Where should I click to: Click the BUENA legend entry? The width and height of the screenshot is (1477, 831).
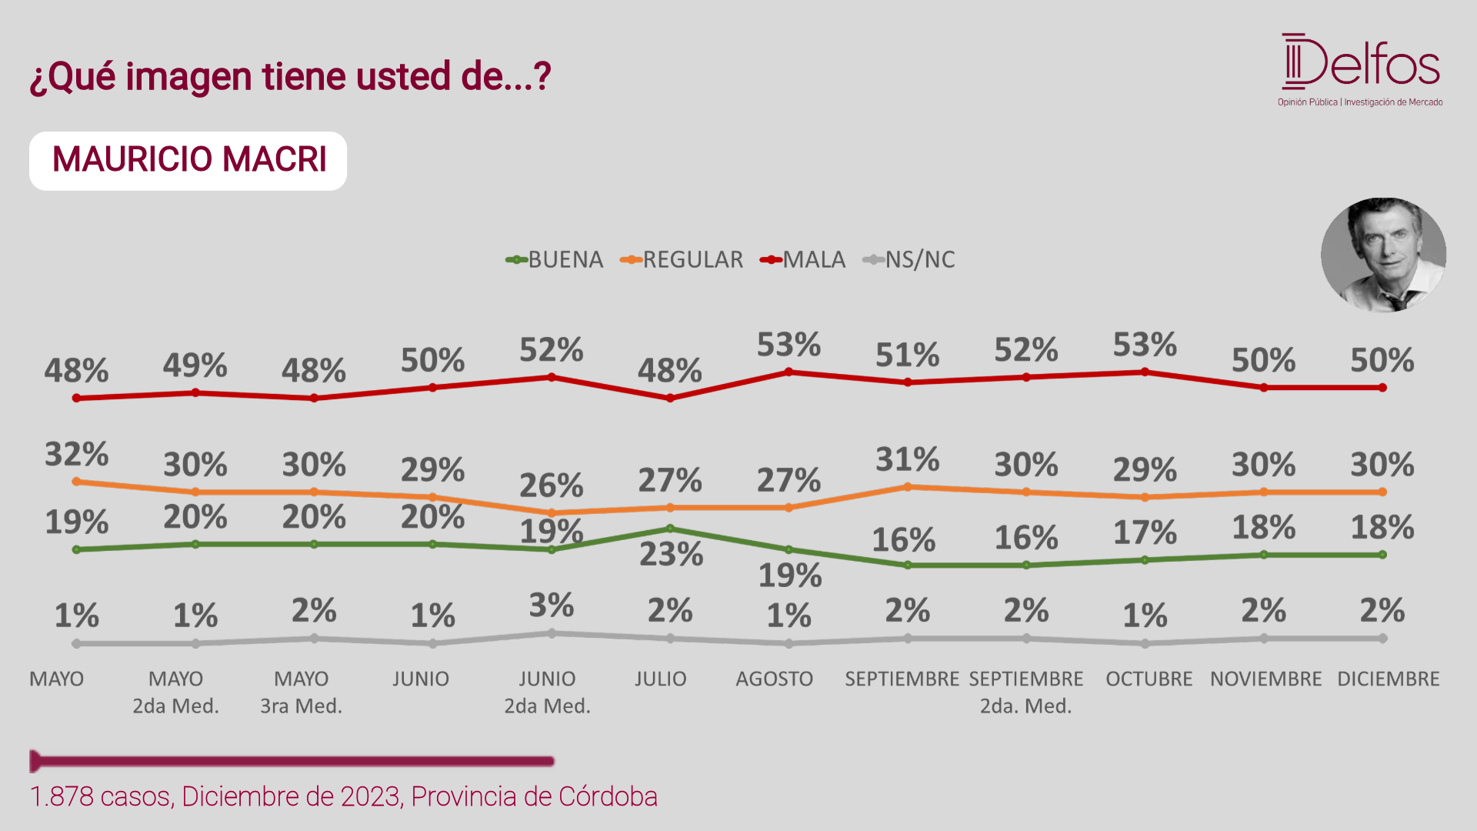point(554,260)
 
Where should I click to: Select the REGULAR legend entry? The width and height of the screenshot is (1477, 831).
point(682,260)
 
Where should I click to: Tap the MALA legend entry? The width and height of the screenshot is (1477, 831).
point(802,260)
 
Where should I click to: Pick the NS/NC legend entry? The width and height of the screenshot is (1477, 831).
point(909,260)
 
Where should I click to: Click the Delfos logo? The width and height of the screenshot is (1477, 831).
point(1360,69)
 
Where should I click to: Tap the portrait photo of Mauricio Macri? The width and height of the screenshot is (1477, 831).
point(1383,255)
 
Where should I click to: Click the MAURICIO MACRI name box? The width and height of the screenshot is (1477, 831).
point(188,161)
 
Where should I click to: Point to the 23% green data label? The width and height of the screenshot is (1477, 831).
point(671,554)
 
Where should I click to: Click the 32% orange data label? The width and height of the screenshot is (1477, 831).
point(76,454)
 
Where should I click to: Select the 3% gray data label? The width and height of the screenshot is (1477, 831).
point(552,606)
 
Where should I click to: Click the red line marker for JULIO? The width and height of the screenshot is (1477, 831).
point(670,398)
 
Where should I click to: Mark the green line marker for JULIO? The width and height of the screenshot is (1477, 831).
point(670,529)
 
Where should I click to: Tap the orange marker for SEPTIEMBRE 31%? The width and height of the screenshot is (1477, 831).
point(908,486)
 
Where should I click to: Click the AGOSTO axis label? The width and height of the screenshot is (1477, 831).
point(774,679)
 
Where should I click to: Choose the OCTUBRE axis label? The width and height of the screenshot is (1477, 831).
point(1149,679)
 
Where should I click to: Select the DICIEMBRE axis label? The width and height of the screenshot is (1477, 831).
point(1389,679)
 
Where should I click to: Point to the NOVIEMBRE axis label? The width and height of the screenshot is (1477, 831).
point(1266,679)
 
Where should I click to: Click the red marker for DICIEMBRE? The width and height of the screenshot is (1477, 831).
point(1382,388)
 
